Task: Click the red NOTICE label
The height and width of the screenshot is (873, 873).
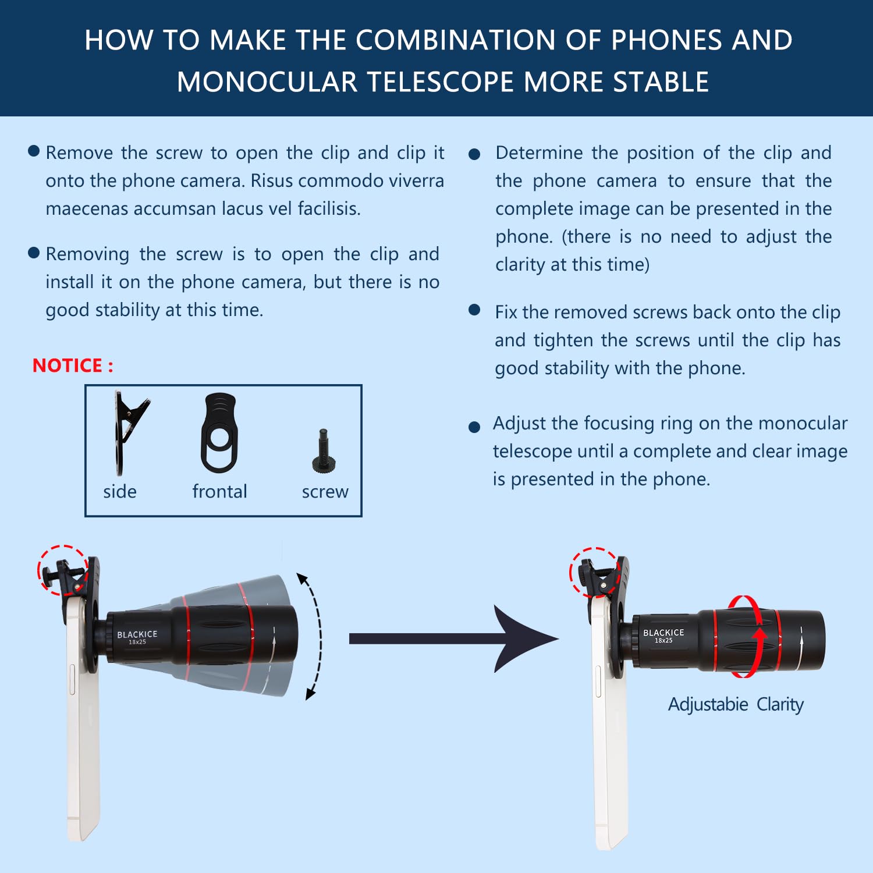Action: [x=73, y=365]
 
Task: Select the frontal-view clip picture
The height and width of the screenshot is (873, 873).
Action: [x=219, y=434]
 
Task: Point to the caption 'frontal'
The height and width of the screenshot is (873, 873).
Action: [x=219, y=492]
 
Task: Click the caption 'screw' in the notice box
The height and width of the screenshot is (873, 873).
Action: [x=325, y=492]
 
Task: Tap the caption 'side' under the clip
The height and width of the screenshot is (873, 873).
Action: [x=120, y=492]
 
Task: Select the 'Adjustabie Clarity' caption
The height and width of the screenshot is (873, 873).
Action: [x=736, y=704]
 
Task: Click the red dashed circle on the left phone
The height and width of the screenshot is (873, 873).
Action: [x=62, y=570]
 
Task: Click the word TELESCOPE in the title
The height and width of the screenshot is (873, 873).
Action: [x=442, y=82]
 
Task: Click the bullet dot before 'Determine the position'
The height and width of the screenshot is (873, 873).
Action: [x=474, y=154]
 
